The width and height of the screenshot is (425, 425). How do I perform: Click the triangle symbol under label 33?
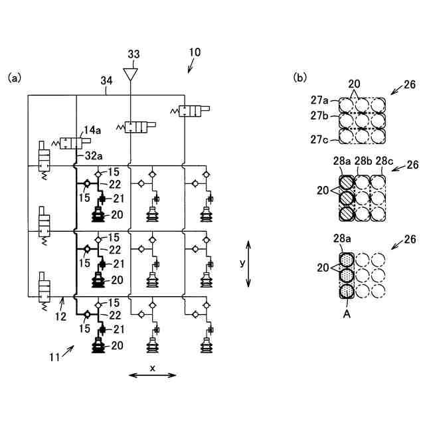130,74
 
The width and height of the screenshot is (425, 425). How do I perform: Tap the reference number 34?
106,81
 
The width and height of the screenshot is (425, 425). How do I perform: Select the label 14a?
92,130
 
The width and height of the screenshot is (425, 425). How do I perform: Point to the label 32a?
94,156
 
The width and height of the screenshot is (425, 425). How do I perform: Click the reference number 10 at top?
195,52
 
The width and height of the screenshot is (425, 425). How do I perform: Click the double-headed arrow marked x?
153,375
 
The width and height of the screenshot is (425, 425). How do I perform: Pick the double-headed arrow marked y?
248,264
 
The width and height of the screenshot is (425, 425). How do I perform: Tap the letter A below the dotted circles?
347,314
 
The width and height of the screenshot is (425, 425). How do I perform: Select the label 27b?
319,116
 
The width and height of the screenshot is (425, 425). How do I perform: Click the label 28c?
384,161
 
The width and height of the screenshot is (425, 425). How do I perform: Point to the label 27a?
319,100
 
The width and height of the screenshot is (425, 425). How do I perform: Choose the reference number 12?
60,316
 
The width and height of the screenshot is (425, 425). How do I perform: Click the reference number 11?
54,357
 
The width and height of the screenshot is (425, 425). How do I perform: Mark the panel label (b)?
300,78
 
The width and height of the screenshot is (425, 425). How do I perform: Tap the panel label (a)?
15,78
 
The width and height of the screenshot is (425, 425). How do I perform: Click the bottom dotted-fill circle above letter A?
347,292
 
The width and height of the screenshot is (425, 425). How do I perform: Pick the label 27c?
319,139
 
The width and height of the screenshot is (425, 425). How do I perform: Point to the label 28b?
363,161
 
